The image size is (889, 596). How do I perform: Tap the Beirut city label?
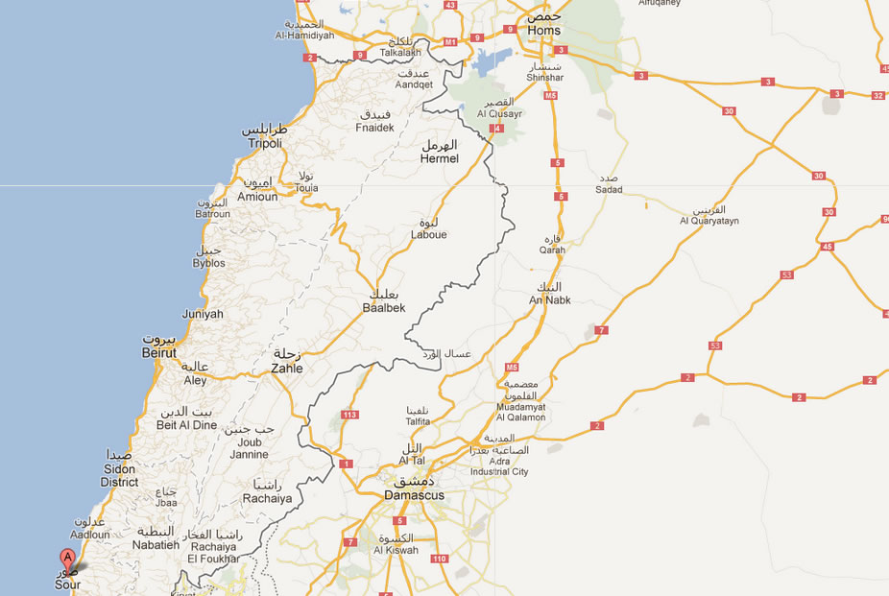point(159,353)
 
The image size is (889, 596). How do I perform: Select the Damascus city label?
point(414,495)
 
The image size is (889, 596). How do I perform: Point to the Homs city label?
point(543,31)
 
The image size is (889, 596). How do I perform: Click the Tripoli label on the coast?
point(265,143)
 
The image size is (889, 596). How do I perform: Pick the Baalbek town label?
point(384,307)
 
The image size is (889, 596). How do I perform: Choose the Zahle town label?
point(287,368)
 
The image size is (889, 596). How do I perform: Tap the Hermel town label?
point(440,158)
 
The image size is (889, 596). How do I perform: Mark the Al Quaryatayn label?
point(709,221)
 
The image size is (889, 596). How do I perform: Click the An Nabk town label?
point(550,299)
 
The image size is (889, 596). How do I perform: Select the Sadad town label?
point(609,189)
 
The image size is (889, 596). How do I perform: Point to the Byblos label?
point(208,263)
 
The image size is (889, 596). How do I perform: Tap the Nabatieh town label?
point(156,544)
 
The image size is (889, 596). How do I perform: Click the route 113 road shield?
point(349,416)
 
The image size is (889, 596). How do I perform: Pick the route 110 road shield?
point(441,559)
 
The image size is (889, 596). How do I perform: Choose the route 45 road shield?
point(828,247)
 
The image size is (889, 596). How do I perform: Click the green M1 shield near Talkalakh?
point(448,41)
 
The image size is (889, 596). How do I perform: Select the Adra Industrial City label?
point(499,471)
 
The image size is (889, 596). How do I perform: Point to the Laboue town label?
point(428,234)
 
